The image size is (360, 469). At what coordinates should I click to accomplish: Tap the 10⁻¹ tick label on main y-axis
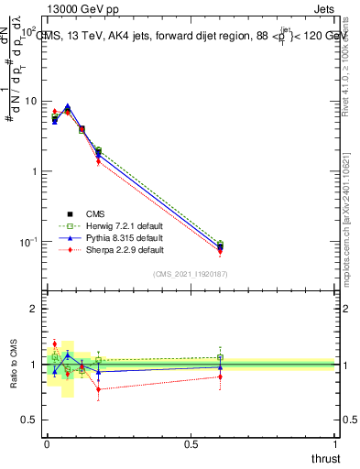click(x=27, y=242)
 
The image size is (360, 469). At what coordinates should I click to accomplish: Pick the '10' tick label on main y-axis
click(x=29, y=101)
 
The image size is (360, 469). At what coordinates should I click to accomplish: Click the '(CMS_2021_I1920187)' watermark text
click(x=191, y=274)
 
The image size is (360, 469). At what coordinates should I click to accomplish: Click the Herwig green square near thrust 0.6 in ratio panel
click(x=220, y=357)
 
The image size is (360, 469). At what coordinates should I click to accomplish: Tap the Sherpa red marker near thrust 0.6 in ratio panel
click(x=220, y=376)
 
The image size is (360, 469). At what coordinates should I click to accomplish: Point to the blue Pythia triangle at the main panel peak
click(x=67, y=106)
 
